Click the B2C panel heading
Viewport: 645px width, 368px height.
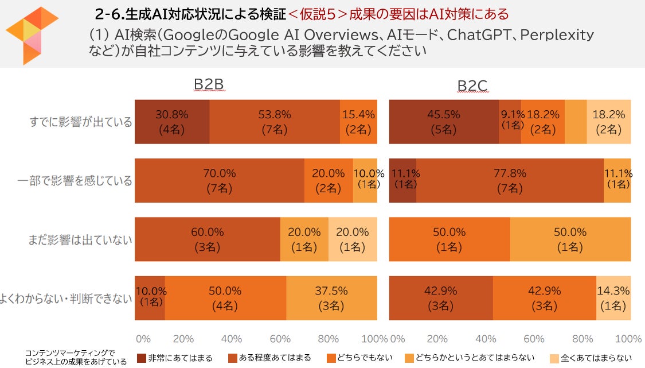472,86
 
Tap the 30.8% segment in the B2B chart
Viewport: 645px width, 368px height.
171,122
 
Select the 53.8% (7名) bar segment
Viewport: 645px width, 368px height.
274,122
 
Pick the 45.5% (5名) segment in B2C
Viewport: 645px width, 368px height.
444,122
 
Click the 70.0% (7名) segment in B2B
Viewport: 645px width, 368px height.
219,180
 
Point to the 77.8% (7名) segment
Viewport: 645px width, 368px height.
510,180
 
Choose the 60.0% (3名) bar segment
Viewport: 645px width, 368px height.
207,239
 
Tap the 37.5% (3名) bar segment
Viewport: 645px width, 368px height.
331,297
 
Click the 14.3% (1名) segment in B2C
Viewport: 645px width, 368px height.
613,297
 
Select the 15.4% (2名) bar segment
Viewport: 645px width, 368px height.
358,122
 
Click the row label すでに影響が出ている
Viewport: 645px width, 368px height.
80,122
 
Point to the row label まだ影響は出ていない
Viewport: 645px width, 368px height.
80,239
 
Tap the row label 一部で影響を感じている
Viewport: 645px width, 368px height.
75,181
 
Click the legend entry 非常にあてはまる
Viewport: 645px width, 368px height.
174,358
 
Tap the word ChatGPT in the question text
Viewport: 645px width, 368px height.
478,35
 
